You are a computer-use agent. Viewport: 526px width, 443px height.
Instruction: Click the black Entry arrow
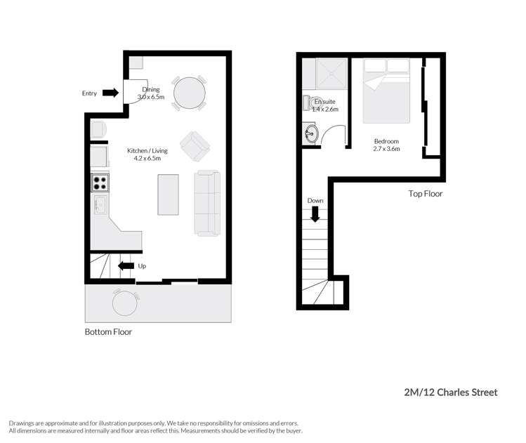pyautogui.click(x=110, y=93)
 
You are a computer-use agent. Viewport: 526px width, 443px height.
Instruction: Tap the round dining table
pyautogui.click(x=190, y=91)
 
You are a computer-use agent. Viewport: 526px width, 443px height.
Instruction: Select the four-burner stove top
pyautogui.click(x=99, y=183)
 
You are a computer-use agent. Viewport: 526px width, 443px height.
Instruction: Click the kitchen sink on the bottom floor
pyautogui.click(x=100, y=206)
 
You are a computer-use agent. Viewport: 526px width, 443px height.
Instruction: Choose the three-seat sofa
pyautogui.click(x=208, y=202)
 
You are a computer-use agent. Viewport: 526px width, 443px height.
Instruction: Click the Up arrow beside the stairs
pyautogui.click(x=126, y=265)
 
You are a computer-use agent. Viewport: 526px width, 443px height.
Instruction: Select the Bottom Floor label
pyautogui.click(x=108, y=332)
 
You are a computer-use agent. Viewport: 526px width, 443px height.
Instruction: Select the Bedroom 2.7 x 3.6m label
pyautogui.click(x=386, y=145)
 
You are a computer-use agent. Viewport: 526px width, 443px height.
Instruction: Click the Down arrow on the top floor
pyautogui.click(x=315, y=213)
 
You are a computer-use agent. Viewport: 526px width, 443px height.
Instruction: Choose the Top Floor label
pyautogui.click(x=426, y=193)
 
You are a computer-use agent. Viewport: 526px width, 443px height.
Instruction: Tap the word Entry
pyautogui.click(x=89, y=93)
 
